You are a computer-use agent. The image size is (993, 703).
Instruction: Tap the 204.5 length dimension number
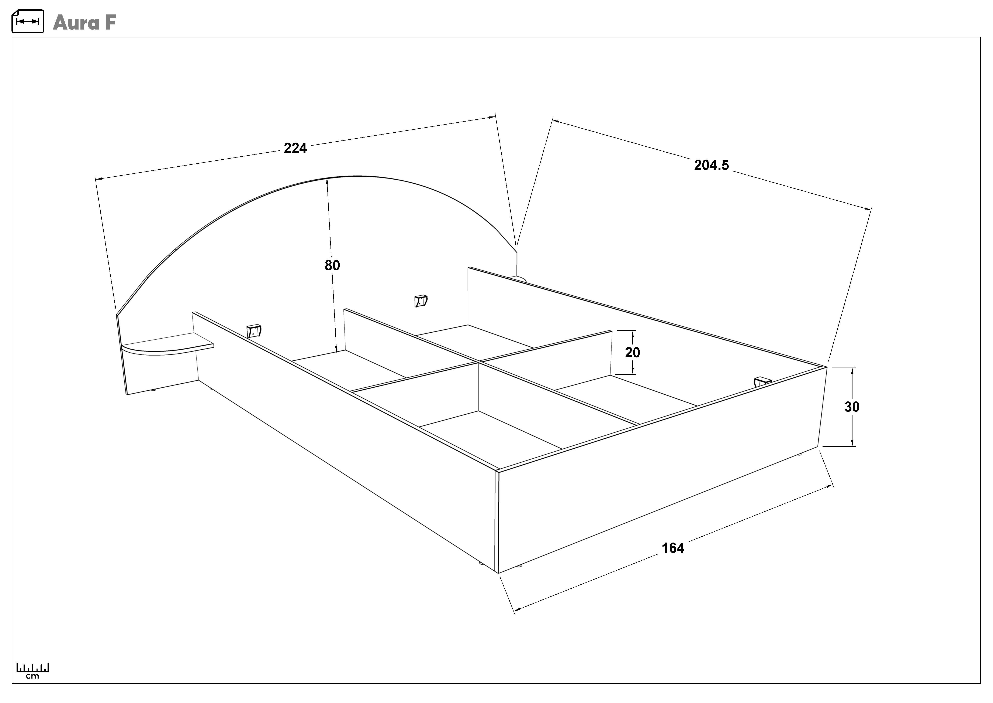pyautogui.click(x=712, y=165)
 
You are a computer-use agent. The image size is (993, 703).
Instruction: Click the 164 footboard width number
pyautogui.click(x=673, y=548)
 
